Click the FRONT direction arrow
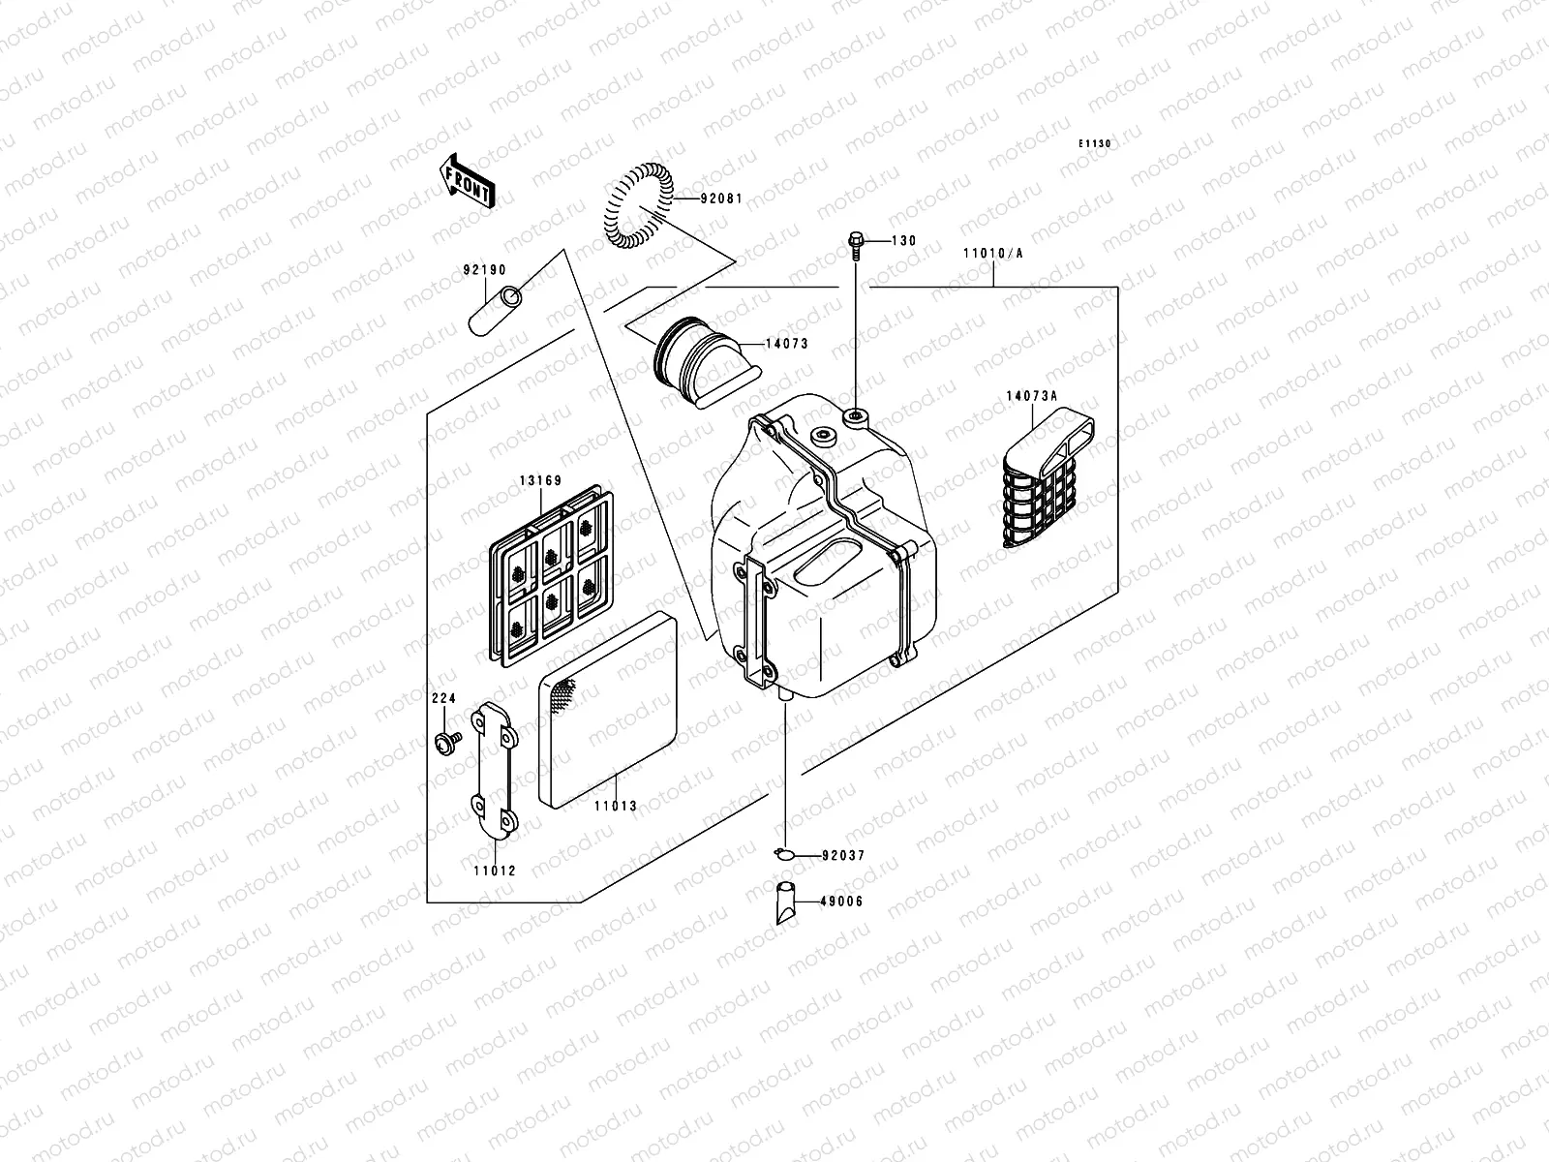pyautogui.click(x=468, y=180)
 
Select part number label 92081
pyautogui.click(x=723, y=199)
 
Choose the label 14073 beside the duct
pyautogui.click(x=786, y=344)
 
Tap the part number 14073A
pyautogui.click(x=1031, y=395)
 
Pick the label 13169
pyautogui.click(x=540, y=478)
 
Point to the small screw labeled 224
pyautogui.click(x=447, y=743)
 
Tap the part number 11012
pyautogui.click(x=495, y=871)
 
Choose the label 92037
pyautogui.click(x=843, y=856)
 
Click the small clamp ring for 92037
pyautogui.click(x=785, y=853)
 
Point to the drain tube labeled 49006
pyautogui.click(x=785, y=902)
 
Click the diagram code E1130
pyautogui.click(x=1096, y=143)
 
